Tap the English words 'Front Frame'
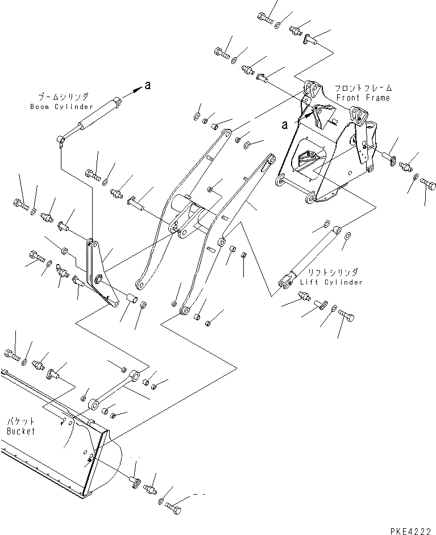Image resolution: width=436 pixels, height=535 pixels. pyautogui.click(x=371, y=98)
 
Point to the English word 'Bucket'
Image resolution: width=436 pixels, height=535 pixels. pyautogui.click(x=21, y=431)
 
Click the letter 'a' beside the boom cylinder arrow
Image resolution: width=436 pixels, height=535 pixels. pyautogui.click(x=148, y=86)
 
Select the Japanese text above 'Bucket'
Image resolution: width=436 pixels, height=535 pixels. pyautogui.click(x=20, y=422)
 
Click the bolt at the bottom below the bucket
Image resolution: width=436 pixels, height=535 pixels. pyautogui.click(x=175, y=503)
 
